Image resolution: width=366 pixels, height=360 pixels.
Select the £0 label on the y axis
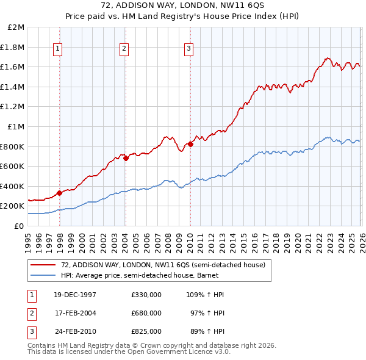(x=20, y=226)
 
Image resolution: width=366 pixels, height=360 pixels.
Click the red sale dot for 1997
(x=59, y=193)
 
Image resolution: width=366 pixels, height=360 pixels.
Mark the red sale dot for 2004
(x=125, y=158)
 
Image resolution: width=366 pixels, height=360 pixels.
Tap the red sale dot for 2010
(x=190, y=144)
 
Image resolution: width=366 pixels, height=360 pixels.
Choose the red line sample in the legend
(x=43, y=265)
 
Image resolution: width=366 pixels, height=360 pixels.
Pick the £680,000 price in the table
(x=146, y=313)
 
